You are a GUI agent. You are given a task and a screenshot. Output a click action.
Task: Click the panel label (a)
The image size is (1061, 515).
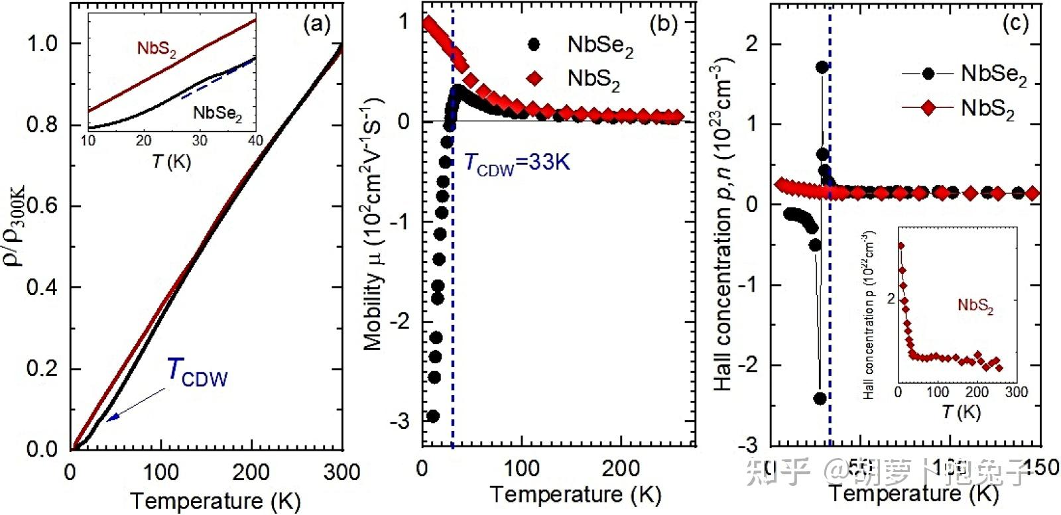(316, 25)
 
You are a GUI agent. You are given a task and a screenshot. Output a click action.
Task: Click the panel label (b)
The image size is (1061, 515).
(663, 25)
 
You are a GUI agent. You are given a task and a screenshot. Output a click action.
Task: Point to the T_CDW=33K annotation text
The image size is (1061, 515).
(517, 162)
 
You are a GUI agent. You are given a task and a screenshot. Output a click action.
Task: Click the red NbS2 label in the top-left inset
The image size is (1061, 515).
(156, 48)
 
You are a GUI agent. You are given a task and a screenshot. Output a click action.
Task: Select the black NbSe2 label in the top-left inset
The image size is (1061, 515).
(218, 113)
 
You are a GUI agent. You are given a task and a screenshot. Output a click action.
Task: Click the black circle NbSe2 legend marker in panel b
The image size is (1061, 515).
(533, 44)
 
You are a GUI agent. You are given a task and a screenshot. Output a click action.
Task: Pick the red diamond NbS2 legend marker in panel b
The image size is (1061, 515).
(534, 78)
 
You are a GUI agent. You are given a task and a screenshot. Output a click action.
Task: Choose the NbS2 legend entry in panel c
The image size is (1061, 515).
(962, 107)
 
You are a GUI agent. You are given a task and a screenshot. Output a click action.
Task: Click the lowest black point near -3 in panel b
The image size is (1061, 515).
(432, 416)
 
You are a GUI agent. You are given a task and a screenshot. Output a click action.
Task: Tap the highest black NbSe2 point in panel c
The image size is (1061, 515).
(822, 67)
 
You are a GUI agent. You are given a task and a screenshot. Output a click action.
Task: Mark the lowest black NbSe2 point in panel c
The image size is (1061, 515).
(820, 398)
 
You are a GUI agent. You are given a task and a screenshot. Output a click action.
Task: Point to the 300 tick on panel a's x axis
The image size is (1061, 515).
(342, 473)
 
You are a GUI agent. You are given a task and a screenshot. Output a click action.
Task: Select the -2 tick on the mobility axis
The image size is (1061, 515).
(400, 321)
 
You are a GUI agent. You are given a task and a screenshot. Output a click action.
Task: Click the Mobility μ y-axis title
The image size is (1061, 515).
(373, 225)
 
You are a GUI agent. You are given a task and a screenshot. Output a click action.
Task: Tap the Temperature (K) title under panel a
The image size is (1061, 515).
(215, 500)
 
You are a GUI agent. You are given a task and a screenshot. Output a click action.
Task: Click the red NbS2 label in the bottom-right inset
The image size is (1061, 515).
(975, 306)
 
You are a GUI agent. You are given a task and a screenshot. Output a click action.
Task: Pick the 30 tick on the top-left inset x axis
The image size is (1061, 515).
(199, 141)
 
